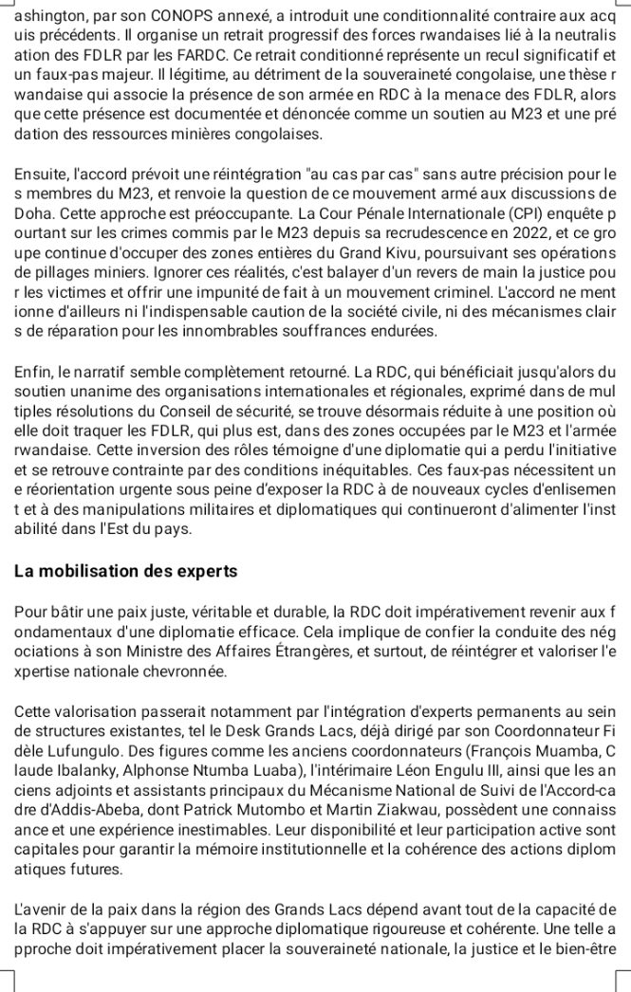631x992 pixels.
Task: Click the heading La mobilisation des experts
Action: coord(126,572)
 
